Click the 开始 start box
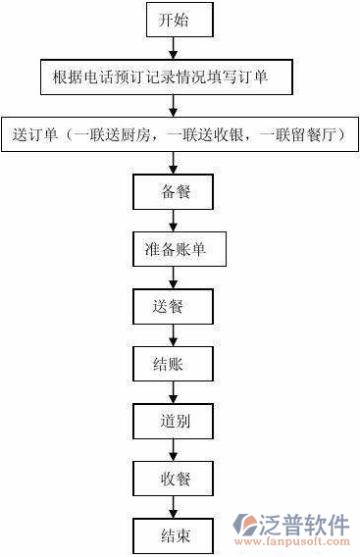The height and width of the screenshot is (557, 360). click(x=174, y=20)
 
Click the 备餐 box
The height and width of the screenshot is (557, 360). click(x=174, y=191)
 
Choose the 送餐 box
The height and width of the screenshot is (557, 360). click(x=174, y=306)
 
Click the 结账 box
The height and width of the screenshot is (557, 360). click(x=174, y=365)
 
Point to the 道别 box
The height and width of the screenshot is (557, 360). click(x=174, y=422)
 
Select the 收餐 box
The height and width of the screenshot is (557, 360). click(x=174, y=480)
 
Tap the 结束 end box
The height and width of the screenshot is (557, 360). click(x=174, y=535)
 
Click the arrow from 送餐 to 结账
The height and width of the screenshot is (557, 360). click(x=174, y=335)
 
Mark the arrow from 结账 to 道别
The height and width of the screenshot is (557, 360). click(x=174, y=393)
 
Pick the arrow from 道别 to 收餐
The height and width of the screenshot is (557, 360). click(x=174, y=451)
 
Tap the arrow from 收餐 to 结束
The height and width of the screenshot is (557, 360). click(x=174, y=508)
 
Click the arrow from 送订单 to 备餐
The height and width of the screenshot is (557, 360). click(x=174, y=163)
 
